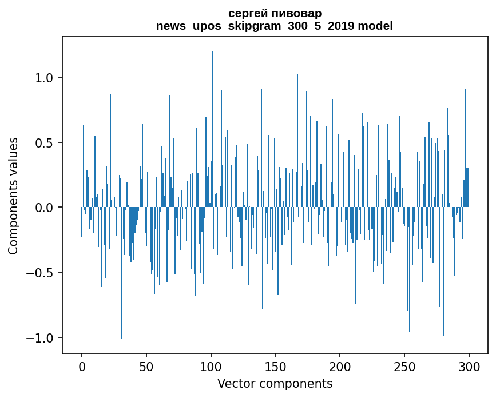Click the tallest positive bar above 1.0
[212, 129]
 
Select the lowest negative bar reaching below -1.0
[122, 273]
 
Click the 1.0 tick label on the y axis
[45, 78]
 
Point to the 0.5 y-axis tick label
[45, 143]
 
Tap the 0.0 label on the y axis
[45, 208]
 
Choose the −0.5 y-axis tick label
[40, 273]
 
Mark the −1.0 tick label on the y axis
[40, 338]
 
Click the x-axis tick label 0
[82, 367]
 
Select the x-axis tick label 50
[146, 367]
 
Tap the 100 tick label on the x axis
[211, 367]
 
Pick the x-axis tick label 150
[275, 367]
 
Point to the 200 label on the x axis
[340, 367]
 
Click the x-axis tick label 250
[404, 367]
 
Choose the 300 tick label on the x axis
[469, 367]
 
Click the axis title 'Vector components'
[275, 384]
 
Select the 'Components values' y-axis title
[13, 196]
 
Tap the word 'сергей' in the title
[247, 14]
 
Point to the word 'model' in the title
[375, 26]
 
